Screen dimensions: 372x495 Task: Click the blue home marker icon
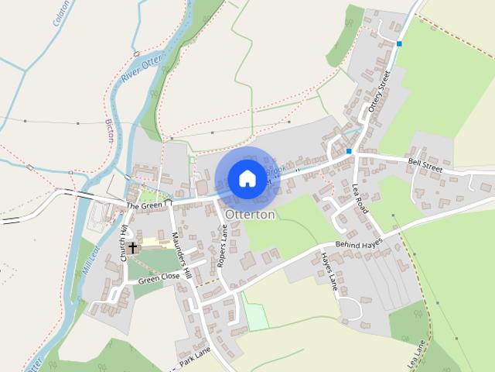point(247,178)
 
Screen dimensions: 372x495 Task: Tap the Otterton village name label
point(250,214)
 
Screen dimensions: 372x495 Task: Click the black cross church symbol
point(132,248)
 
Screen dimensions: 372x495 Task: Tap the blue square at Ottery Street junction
point(350,150)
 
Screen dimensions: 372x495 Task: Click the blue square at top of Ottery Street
point(399,44)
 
